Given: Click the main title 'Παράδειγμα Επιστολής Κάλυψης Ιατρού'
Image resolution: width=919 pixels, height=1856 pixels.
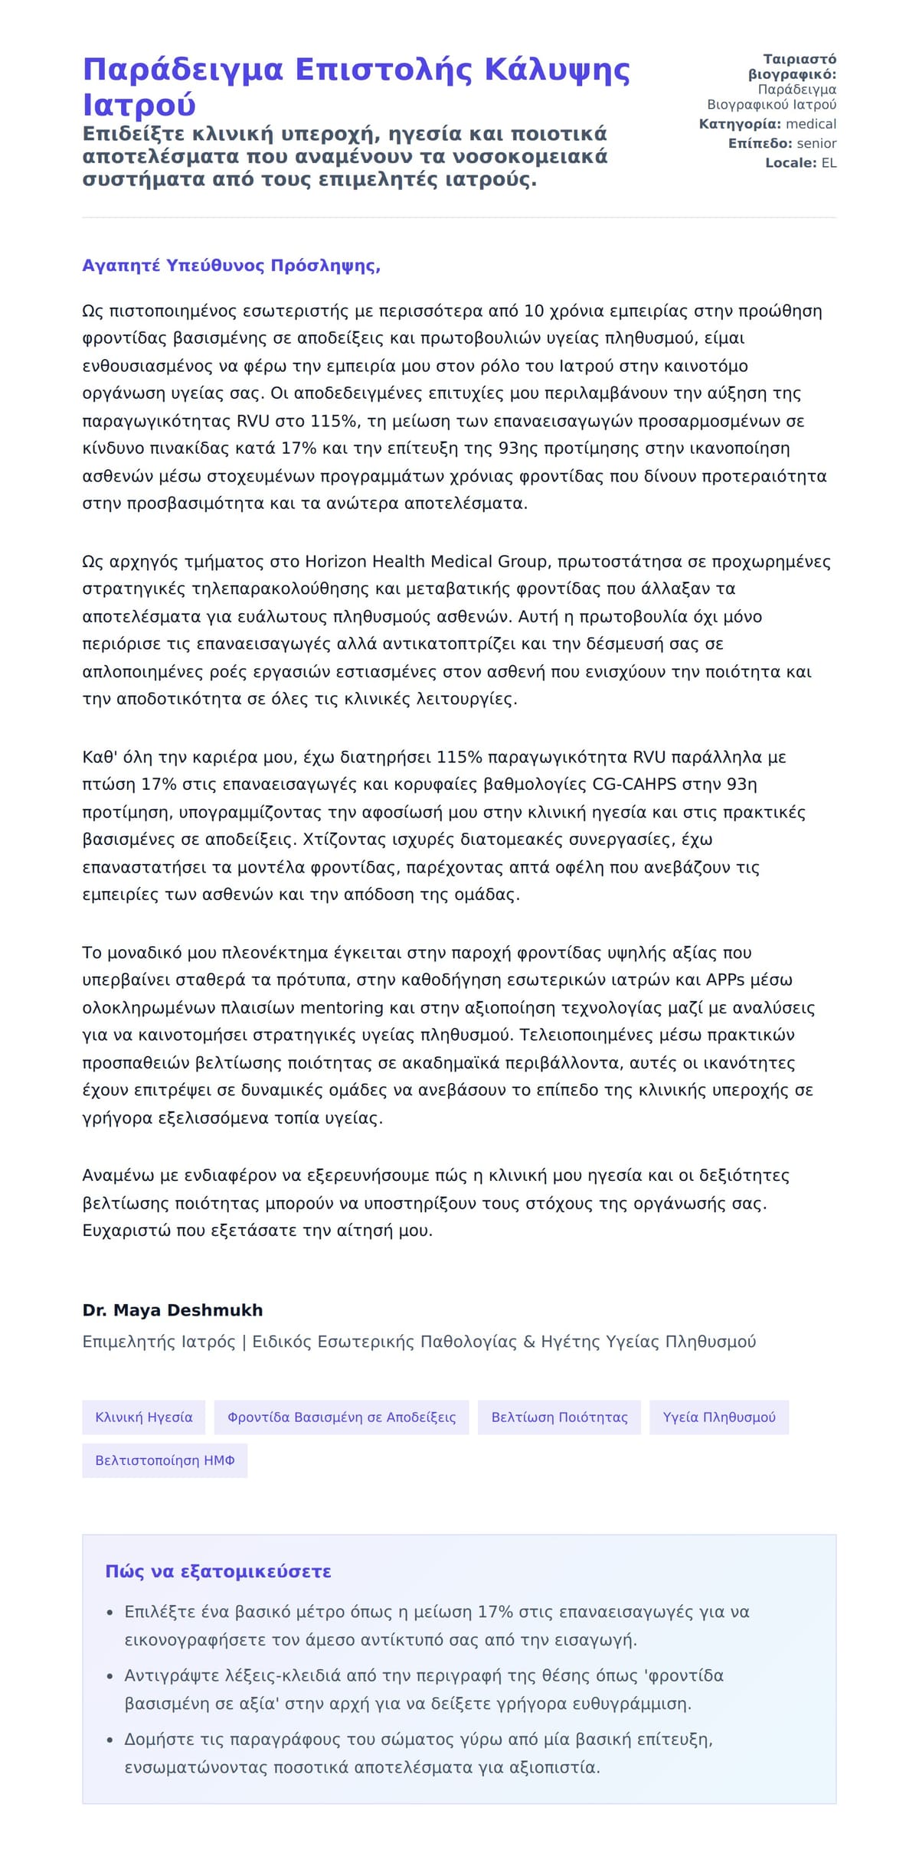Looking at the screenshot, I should point(355,86).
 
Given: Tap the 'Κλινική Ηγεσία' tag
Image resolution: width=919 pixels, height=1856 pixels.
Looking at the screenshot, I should point(144,1417).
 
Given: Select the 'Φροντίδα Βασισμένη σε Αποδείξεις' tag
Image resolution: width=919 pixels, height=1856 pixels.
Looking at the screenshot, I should point(342,1417).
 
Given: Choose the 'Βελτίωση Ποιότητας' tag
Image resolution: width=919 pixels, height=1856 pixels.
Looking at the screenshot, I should point(559,1417).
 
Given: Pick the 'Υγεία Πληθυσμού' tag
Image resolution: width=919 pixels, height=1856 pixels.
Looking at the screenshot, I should point(719,1417).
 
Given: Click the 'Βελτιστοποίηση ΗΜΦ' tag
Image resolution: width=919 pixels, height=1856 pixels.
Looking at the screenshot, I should point(165,1460).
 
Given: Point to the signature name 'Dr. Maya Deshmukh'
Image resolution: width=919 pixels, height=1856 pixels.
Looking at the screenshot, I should point(172,1310).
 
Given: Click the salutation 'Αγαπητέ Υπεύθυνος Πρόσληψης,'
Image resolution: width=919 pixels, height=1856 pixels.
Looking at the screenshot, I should point(231,266).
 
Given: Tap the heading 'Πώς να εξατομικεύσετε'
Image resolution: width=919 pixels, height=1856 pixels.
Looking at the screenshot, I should point(218,1571).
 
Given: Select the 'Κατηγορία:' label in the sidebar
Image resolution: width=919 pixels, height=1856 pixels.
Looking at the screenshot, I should point(740,124).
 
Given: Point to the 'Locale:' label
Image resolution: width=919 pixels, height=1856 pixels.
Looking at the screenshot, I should point(791,162).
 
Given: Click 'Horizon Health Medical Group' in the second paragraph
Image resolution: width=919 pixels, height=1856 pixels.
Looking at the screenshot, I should point(427,562).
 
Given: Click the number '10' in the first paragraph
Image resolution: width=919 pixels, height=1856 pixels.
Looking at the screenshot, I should point(534,312).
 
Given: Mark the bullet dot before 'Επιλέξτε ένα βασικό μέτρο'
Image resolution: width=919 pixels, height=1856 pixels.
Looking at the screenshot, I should point(110,1613).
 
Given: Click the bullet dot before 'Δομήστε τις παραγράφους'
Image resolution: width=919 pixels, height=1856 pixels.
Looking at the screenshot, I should point(110,1740).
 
